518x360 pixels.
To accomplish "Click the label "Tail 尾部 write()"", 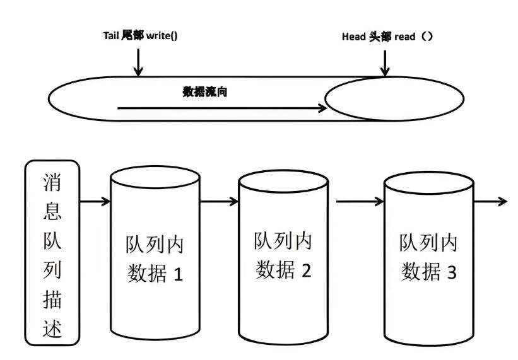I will pyautogui.click(x=140, y=36).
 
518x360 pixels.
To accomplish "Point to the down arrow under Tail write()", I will pyautogui.click(x=139, y=62).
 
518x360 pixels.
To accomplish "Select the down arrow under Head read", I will pyautogui.click(x=385, y=62).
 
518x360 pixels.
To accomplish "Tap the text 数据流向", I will pyautogui.click(x=204, y=92).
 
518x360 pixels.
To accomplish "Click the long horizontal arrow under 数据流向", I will pyautogui.click(x=221, y=108).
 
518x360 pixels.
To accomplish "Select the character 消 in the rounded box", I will pyautogui.click(x=52, y=183).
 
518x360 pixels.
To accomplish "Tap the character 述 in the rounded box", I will pyautogui.click(x=52, y=328).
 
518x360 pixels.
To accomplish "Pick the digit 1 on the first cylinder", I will pyautogui.click(x=178, y=275).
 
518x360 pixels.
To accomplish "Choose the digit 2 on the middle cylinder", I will pyautogui.click(x=306, y=270).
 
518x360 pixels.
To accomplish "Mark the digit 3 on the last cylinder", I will pyautogui.click(x=450, y=272).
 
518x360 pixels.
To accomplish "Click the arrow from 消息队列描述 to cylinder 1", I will pyautogui.click(x=95, y=202).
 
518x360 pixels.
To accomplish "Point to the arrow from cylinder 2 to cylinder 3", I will pyautogui.click(x=360, y=202).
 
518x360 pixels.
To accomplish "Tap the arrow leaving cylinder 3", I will pyautogui.click(x=490, y=202).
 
